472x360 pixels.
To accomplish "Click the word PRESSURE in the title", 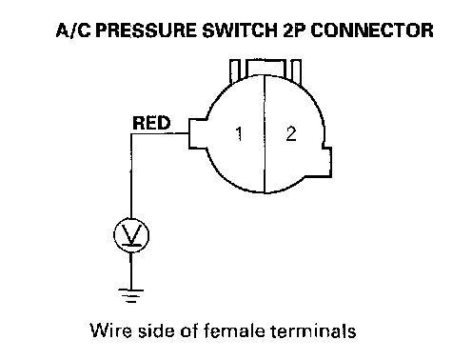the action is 147,30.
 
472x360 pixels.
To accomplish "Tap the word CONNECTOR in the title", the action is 371,30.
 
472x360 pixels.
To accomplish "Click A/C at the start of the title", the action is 73,30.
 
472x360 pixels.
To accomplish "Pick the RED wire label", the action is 151,123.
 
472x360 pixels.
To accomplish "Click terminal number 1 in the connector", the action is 239,133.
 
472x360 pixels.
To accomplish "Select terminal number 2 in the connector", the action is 291,133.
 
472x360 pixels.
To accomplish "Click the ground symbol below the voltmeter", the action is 130,295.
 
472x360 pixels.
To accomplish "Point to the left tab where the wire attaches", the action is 197,133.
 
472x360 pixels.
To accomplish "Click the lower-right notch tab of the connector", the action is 326,162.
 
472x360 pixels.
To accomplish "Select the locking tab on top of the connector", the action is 265,69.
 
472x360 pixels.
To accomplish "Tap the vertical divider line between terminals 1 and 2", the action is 265,133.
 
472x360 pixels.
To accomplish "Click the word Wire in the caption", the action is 110,330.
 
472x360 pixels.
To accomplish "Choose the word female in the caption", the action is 234,330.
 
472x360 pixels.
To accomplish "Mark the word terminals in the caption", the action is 313,330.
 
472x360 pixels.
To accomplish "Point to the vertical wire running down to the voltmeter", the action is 131,176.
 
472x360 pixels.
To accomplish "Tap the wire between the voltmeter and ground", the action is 130,270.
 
